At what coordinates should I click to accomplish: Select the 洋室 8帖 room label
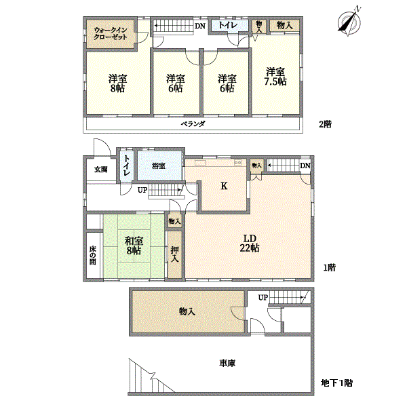(x=117, y=83)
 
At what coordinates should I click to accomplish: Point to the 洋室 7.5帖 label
(x=275, y=76)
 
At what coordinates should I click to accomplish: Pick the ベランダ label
(x=193, y=125)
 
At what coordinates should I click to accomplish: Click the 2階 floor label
(x=326, y=124)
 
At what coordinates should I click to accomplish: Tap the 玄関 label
(x=100, y=170)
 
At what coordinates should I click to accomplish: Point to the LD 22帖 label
(x=249, y=243)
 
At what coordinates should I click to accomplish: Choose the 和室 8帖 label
(x=133, y=246)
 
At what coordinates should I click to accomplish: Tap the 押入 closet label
(x=175, y=254)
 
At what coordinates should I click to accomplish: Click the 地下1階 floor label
(x=337, y=383)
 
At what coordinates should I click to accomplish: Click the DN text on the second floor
(x=200, y=26)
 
